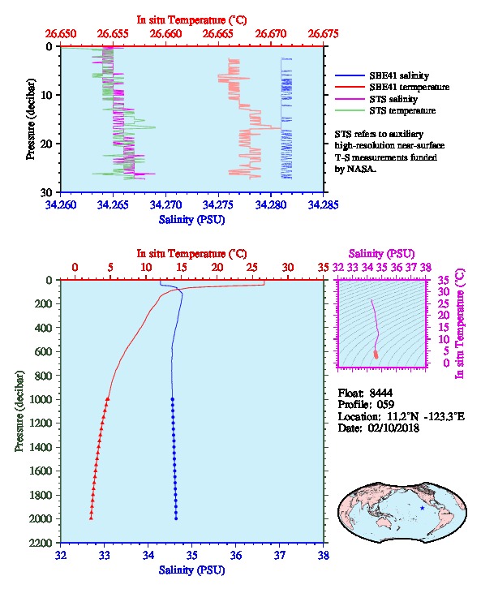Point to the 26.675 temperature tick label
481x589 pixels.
click(x=324, y=34)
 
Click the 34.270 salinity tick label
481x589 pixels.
click(x=165, y=204)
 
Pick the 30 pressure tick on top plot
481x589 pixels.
click(x=46, y=193)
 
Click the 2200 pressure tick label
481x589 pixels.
click(x=41, y=543)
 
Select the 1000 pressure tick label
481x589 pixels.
click(x=41, y=399)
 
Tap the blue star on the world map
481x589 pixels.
click(x=423, y=508)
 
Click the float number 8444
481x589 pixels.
click(x=381, y=393)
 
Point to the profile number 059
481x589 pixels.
click(x=385, y=405)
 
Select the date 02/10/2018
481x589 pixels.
click(x=393, y=428)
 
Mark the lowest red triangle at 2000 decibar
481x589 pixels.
click(x=91, y=518)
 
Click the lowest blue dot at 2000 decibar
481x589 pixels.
click(x=176, y=518)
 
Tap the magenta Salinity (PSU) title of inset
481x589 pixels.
click(x=381, y=254)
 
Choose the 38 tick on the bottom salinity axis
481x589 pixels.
click(x=324, y=555)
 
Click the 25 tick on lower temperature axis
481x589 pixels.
click(x=252, y=267)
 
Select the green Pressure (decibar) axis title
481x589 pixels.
click(x=19, y=411)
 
